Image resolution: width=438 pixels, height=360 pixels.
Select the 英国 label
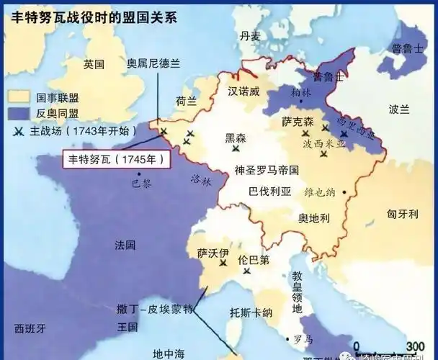point(94,64)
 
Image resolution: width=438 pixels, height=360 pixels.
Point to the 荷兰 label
point(187,102)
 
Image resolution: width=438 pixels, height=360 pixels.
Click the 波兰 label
point(398,110)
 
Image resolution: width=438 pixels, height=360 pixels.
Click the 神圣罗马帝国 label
point(267,170)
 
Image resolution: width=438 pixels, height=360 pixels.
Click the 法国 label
point(125,245)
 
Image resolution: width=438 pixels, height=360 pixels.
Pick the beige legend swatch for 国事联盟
point(18,96)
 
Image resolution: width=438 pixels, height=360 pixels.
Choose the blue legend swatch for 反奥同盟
point(18,113)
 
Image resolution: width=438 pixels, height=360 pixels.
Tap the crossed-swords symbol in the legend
point(18,131)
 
